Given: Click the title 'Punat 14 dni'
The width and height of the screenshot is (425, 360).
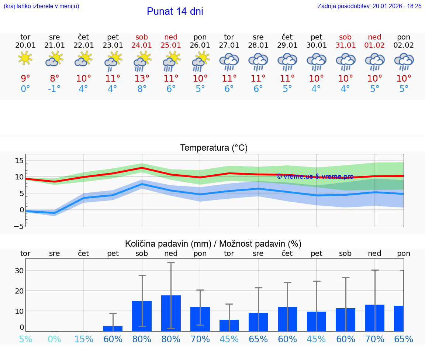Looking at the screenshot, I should pyautogui.click(x=175, y=11).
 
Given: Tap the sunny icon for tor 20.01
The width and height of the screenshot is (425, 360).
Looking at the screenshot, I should pyautogui.click(x=25, y=59).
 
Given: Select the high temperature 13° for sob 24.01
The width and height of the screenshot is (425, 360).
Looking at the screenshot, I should pyautogui.click(x=142, y=79).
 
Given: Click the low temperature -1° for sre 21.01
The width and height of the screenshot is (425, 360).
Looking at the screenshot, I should pyautogui.click(x=54, y=89).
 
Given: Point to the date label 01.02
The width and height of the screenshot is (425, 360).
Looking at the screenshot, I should pyautogui.click(x=374, y=45).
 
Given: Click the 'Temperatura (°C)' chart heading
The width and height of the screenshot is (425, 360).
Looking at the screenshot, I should pyautogui.click(x=214, y=148).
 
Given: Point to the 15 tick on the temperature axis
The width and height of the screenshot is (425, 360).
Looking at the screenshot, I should pyautogui.click(x=19, y=161).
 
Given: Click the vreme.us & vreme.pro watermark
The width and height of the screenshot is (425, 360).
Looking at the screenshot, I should pyautogui.click(x=315, y=176).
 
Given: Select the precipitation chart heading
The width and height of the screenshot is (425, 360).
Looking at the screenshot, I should pyautogui.click(x=213, y=244).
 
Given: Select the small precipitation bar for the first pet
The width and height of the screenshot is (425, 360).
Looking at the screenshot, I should pyautogui.click(x=113, y=328).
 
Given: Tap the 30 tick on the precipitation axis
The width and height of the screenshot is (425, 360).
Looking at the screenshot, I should pyautogui.click(x=19, y=271).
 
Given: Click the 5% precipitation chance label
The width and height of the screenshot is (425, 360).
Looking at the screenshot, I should pyautogui.click(x=25, y=339).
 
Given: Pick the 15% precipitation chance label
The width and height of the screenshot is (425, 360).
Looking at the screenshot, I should pyautogui.click(x=84, y=339).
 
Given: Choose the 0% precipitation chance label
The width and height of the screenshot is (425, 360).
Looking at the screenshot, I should pyautogui.click(x=54, y=339).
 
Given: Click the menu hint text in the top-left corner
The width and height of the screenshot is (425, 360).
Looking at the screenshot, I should pyautogui.click(x=41, y=6).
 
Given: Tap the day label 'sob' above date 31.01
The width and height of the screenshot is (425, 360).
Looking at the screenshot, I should pyautogui.click(x=345, y=37).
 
